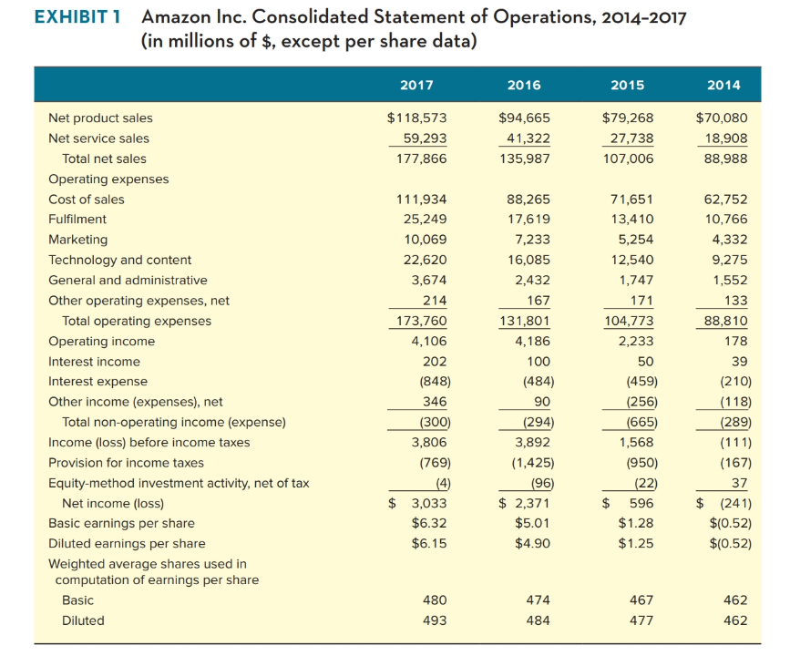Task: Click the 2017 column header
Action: tap(416, 85)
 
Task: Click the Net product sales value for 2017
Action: tap(416, 118)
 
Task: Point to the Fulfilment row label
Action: tap(77, 220)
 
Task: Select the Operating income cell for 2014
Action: tap(736, 341)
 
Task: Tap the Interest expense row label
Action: tap(97, 381)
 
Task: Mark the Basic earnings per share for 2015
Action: tap(635, 523)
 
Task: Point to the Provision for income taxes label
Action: tap(126, 463)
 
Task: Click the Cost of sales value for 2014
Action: tap(727, 200)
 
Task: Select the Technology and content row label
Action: tap(119, 260)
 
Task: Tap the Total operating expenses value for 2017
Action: tap(420, 321)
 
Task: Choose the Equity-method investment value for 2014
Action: tap(738, 483)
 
